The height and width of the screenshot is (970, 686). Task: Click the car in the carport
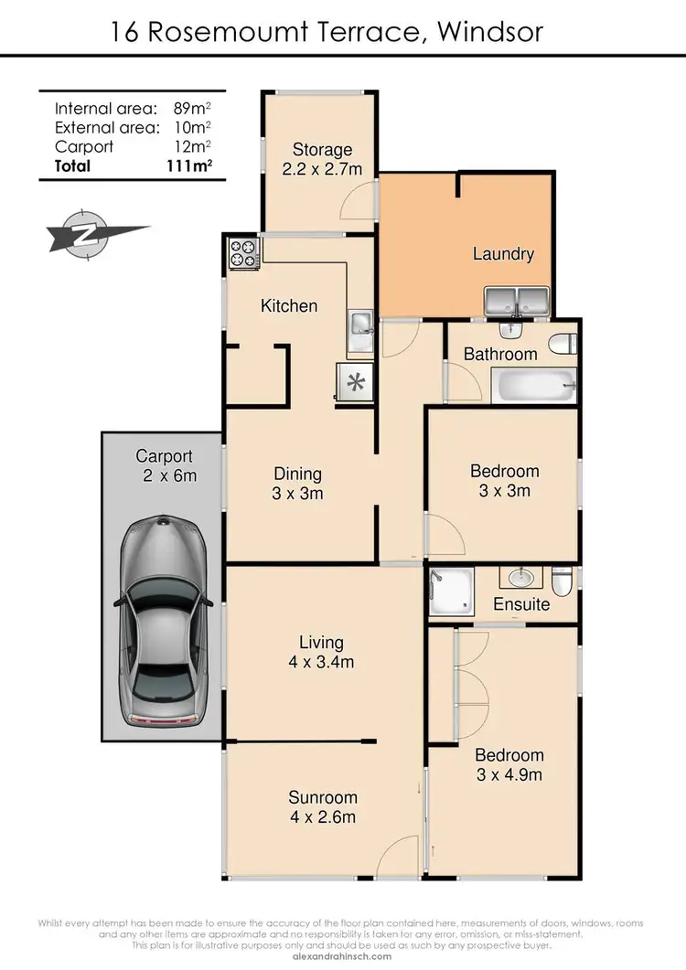(161, 623)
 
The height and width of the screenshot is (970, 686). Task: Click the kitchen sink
(359, 323)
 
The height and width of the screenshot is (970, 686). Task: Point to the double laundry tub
(515, 299)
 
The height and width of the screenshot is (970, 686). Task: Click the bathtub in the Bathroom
(534, 386)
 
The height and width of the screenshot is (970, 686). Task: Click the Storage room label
(322, 159)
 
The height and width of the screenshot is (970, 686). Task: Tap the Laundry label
(503, 253)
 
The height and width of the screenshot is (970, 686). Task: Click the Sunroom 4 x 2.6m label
(322, 806)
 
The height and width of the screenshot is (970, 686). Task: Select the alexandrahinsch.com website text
(343, 956)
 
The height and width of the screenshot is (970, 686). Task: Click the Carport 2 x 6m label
(165, 465)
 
